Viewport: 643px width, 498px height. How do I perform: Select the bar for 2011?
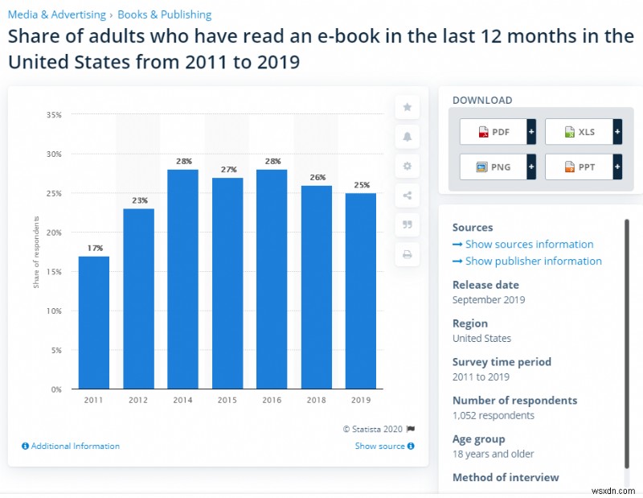(x=93, y=322)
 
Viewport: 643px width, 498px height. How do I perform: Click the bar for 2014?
(x=182, y=278)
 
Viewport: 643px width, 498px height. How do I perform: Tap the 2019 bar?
(x=362, y=290)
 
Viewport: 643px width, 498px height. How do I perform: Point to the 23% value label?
(x=138, y=200)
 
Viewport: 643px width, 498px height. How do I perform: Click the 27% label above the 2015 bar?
(x=227, y=170)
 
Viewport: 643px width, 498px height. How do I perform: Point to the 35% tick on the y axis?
(x=54, y=115)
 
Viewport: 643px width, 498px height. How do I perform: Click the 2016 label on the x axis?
(x=272, y=399)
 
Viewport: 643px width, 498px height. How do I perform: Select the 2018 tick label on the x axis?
(x=317, y=399)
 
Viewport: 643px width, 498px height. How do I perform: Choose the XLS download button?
(x=578, y=131)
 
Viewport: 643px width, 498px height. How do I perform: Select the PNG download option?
(x=493, y=167)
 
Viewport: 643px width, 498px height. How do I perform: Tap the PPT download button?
(x=578, y=167)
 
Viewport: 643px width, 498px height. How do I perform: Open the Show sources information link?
(x=529, y=244)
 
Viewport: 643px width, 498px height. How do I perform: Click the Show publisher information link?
(x=533, y=261)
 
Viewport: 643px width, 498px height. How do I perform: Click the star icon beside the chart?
(x=407, y=107)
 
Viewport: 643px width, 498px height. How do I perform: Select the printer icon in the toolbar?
(x=407, y=254)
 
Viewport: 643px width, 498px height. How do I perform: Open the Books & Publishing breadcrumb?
(x=165, y=14)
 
